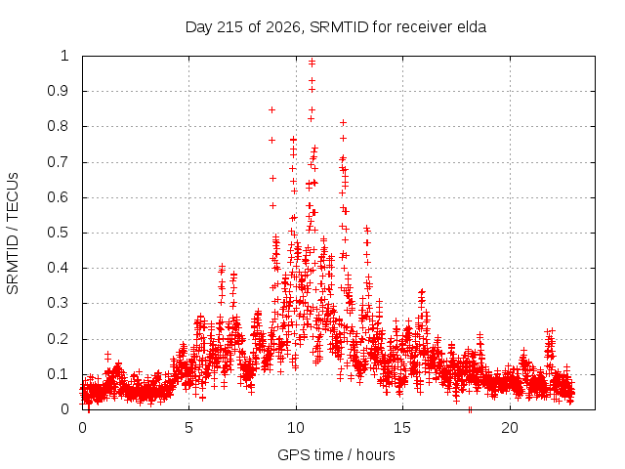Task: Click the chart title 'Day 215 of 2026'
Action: point(243,27)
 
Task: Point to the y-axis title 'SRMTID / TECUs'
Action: point(13,234)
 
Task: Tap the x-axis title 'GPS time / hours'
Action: point(336,454)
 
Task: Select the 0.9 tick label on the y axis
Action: point(59,91)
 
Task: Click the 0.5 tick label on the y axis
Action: point(59,233)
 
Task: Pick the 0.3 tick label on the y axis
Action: point(59,303)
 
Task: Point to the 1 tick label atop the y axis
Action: point(64,56)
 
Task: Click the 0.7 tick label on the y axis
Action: point(59,162)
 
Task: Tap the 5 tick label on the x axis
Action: point(188,428)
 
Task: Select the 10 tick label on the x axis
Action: point(296,428)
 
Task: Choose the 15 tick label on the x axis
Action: point(402,428)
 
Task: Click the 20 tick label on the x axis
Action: point(510,428)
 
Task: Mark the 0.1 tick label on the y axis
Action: point(59,374)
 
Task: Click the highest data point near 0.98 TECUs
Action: point(312,62)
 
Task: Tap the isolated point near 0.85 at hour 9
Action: point(271,109)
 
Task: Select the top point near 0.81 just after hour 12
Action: point(343,123)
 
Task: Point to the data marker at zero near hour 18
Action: point(471,409)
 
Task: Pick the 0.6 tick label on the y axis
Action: point(59,197)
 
